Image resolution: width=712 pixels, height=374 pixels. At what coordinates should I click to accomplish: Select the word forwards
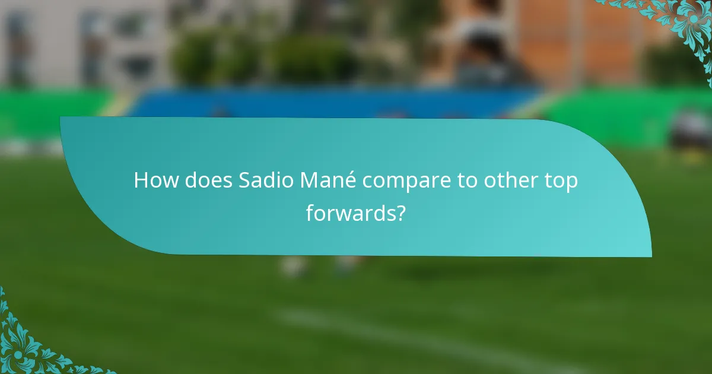350,213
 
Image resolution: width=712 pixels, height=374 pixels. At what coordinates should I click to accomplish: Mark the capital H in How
141,181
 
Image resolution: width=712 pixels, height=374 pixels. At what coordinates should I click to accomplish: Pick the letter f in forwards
310,212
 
